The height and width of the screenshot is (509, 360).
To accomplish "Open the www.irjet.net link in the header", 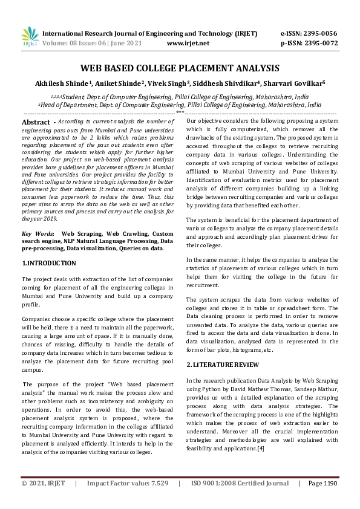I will (188, 44).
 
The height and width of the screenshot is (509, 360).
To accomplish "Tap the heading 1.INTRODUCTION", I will (49, 264).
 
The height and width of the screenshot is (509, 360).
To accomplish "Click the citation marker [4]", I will (260, 448).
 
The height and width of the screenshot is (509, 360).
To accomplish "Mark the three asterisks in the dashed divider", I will (180, 113).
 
